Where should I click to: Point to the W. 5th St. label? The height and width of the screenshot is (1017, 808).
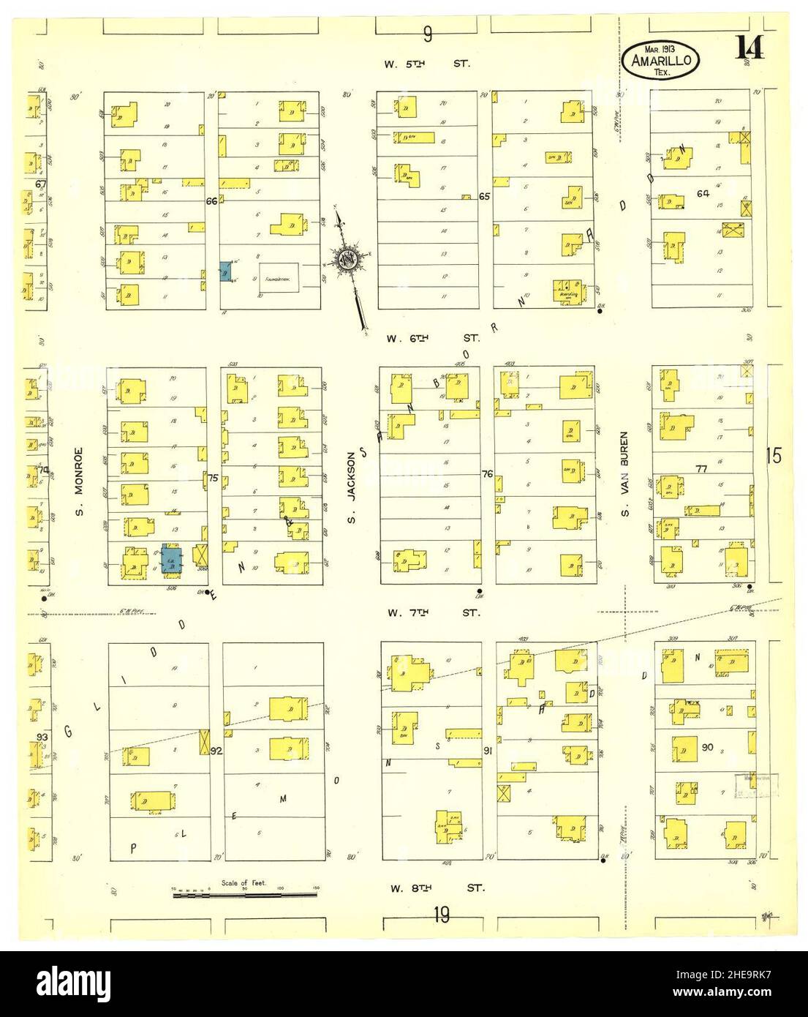[428, 64]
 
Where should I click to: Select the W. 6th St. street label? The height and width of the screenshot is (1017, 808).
[433, 338]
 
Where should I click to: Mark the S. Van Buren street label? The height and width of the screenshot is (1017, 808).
[626, 481]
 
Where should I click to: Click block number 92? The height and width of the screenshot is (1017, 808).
[216, 750]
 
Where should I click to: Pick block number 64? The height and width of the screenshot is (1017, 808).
[703, 193]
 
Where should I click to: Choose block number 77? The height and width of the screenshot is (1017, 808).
[702, 469]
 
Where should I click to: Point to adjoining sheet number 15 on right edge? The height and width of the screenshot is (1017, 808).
[775, 456]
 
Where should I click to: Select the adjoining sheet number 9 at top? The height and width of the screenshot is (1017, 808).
[428, 34]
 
